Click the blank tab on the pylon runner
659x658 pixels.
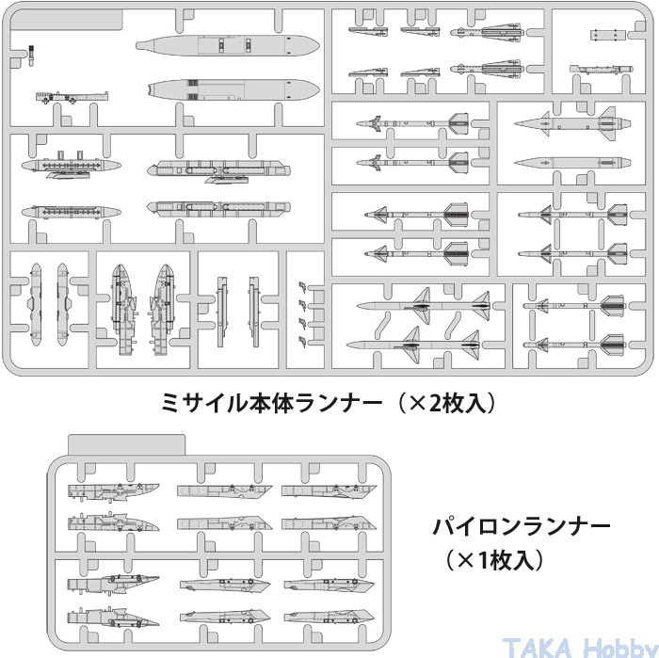(130, 442)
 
